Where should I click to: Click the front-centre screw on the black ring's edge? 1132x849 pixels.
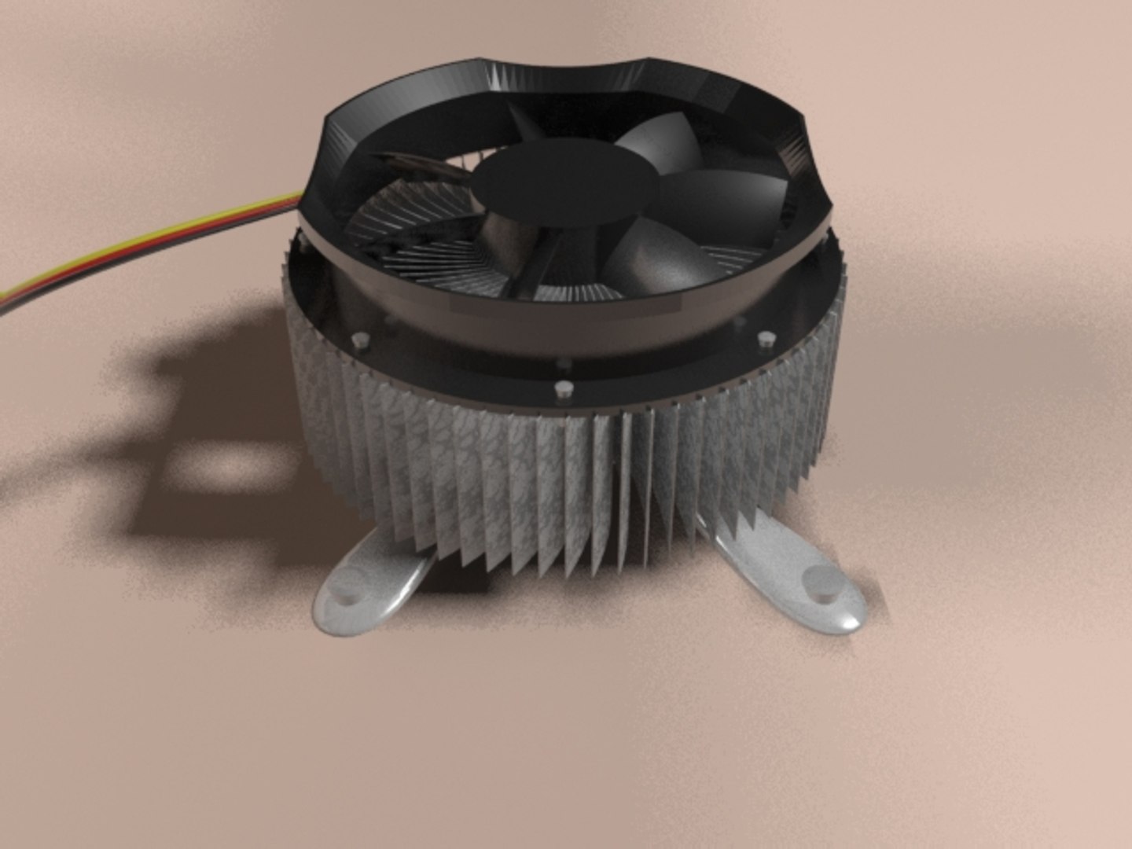click(x=563, y=388)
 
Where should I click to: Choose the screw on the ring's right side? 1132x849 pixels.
click(x=765, y=340)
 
